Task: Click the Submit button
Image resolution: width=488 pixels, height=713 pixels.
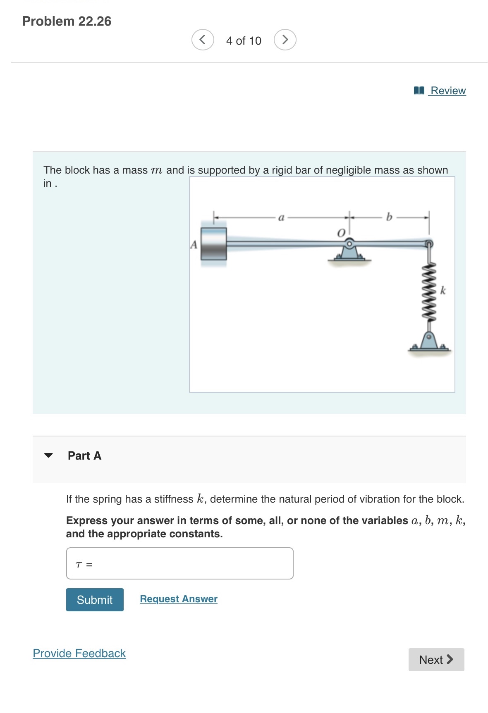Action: [95, 599]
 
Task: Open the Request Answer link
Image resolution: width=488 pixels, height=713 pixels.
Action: [178, 599]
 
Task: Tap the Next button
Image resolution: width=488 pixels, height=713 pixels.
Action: [436, 659]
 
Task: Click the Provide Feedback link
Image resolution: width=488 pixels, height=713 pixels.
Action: [79, 653]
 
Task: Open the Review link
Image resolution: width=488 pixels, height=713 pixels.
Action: [447, 91]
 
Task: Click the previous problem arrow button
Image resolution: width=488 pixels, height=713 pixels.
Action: [203, 40]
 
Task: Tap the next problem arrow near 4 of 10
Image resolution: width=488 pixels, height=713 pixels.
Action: [285, 40]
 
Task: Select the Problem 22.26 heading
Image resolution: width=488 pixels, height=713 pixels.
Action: [67, 21]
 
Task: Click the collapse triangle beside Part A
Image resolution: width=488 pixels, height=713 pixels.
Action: [48, 455]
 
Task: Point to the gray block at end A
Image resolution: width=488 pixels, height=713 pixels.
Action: [213, 244]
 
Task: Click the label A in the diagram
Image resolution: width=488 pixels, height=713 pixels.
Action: [193, 245]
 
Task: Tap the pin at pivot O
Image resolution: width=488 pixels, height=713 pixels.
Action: [349, 243]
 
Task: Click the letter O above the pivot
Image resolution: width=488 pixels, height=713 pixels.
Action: [341, 233]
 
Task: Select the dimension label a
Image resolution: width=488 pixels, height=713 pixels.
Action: [281, 217]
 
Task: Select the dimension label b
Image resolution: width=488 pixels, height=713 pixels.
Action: [389, 217]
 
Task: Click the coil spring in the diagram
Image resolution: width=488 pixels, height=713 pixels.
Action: [429, 291]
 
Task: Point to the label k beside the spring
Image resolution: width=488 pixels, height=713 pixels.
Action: [443, 290]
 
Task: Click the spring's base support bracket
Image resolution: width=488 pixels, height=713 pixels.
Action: [429, 343]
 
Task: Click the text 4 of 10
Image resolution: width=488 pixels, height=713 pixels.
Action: [244, 41]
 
